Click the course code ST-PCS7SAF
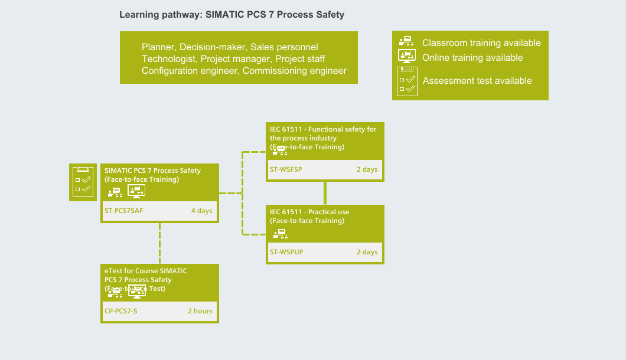tap(124, 211)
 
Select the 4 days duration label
tap(201, 211)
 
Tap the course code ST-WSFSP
tap(286, 169)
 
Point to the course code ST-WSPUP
tap(286, 252)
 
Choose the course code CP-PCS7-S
tap(120, 311)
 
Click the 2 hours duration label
tap(200, 311)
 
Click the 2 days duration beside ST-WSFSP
tap(367, 169)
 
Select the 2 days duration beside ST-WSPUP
tap(367, 252)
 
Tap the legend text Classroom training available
tap(481, 43)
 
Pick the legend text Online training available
tap(472, 58)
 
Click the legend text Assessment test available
tap(477, 81)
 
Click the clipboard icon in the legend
tap(406, 81)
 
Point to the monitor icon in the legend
tap(406, 57)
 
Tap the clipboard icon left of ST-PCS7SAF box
tap(83, 182)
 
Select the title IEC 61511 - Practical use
tap(309, 212)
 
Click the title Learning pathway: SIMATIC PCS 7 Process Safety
tap(232, 15)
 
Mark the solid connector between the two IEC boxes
tap(325, 193)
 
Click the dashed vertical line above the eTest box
tap(159, 243)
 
